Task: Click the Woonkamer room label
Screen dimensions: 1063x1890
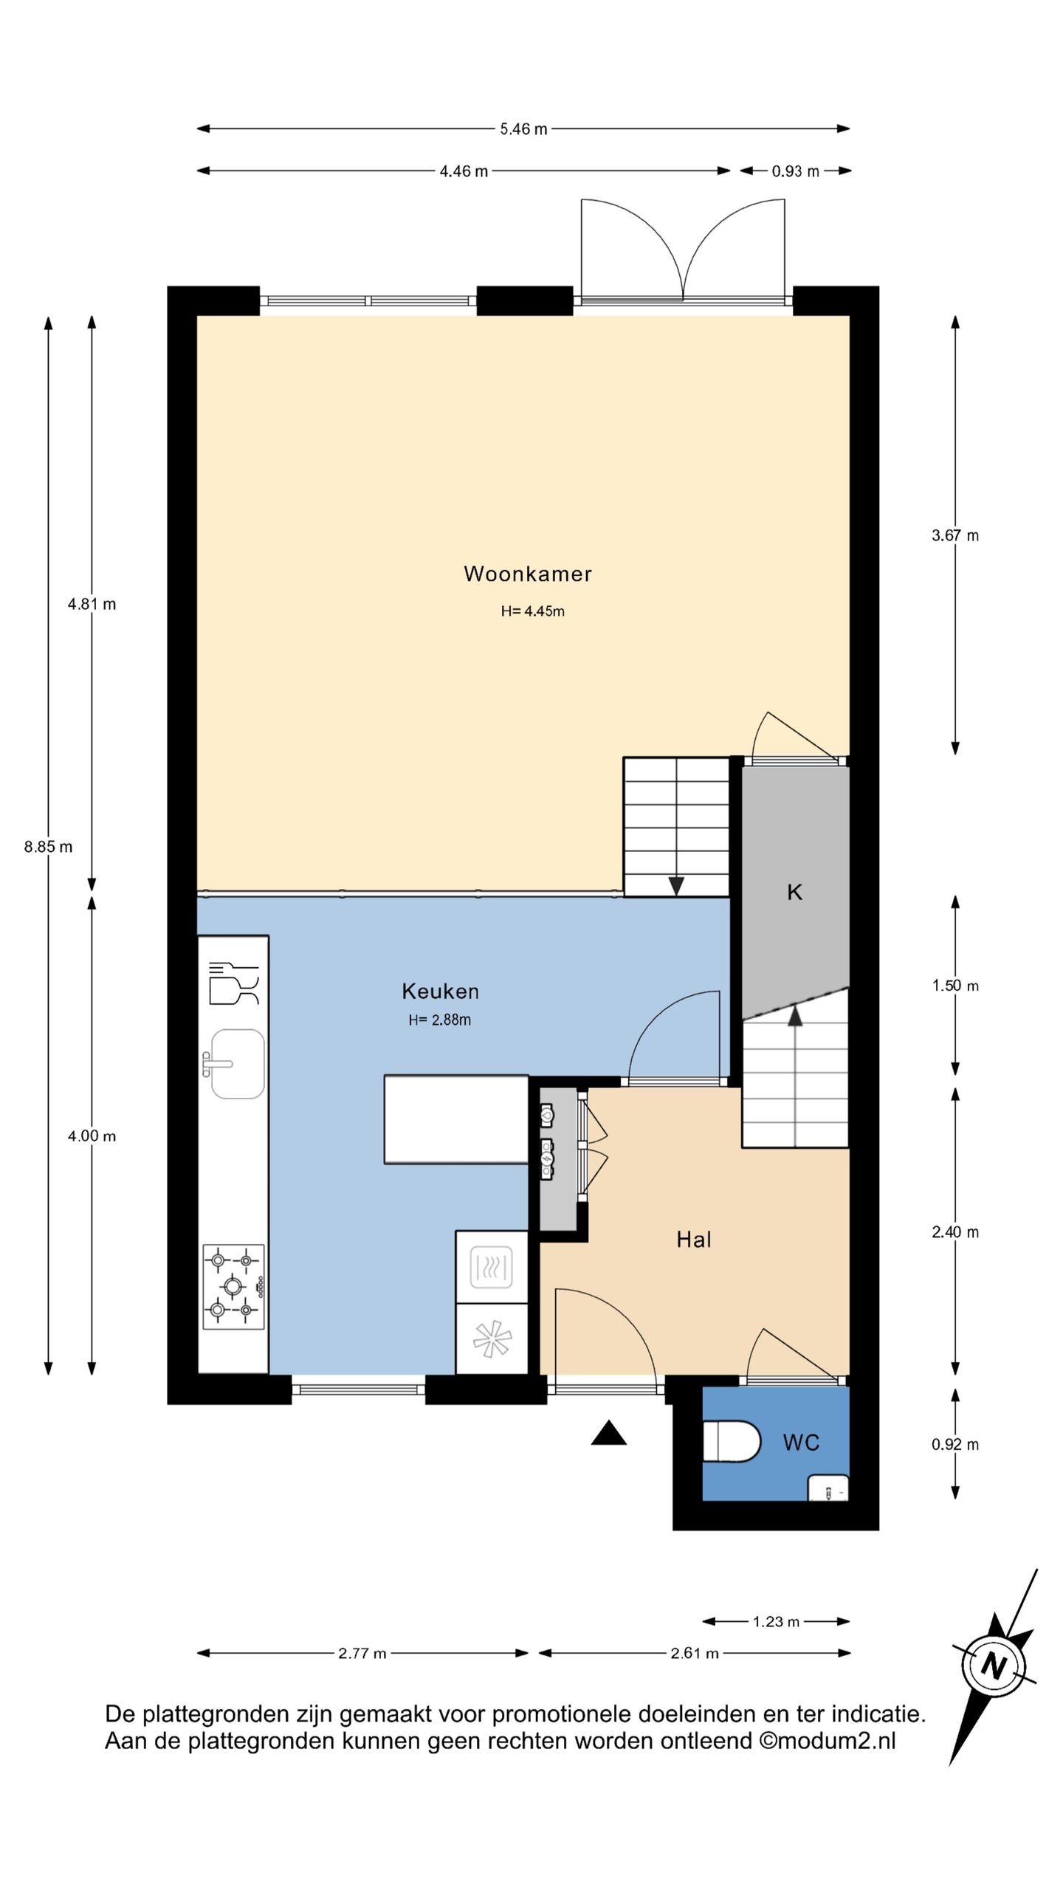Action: point(528,574)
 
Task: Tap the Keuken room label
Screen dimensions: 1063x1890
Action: point(441,992)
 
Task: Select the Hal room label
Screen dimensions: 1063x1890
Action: point(694,1240)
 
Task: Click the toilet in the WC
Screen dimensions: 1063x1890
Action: point(731,1441)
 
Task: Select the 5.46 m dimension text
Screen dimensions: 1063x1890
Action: point(523,129)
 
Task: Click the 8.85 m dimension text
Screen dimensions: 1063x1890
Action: point(49,847)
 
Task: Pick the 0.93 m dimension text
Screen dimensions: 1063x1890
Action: point(796,171)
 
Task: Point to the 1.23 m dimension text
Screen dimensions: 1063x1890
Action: point(776,1622)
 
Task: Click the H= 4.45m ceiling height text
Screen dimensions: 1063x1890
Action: point(533,611)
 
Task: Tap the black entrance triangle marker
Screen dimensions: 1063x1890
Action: point(609,1433)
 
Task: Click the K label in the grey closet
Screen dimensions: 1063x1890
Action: point(795,893)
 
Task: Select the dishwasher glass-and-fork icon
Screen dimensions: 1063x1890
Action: point(234,983)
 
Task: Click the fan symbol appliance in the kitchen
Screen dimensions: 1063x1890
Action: point(492,1339)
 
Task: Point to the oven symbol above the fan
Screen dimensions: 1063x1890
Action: point(492,1267)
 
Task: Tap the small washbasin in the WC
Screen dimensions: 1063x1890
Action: point(828,1488)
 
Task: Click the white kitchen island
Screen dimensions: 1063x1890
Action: point(456,1119)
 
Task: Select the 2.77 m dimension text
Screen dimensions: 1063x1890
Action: point(362,1653)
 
